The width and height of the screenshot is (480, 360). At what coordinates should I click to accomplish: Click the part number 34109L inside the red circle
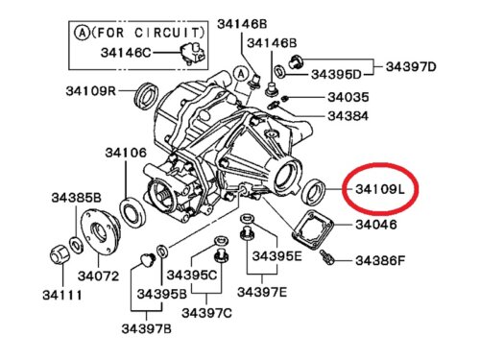380,189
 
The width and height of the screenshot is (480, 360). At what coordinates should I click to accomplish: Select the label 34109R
90,91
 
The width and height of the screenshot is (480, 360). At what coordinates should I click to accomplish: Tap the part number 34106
126,153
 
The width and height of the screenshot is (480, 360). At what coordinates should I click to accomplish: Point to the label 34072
98,276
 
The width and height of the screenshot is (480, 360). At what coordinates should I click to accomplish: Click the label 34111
62,295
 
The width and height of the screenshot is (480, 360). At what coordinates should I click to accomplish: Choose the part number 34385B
77,198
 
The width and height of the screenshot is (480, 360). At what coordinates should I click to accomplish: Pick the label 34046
376,225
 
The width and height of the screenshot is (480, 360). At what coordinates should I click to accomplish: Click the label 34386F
380,260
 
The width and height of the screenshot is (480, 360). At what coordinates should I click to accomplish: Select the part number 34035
348,97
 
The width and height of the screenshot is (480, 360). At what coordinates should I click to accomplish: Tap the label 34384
348,116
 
